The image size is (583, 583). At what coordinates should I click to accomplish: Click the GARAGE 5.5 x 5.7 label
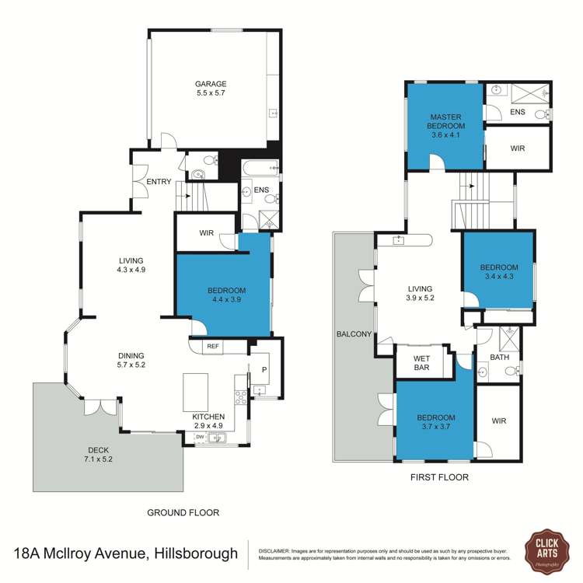click(211, 88)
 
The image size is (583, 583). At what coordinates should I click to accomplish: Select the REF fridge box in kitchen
click(211, 347)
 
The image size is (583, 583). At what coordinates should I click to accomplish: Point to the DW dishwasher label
click(200, 438)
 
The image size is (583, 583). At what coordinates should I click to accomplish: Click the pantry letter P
click(264, 370)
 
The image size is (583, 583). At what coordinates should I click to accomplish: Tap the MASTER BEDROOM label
click(447, 124)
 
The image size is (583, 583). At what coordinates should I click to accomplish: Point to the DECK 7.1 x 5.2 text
click(99, 454)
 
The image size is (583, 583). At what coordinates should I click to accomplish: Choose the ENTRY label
click(159, 182)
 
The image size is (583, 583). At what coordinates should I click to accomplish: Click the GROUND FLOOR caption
click(183, 512)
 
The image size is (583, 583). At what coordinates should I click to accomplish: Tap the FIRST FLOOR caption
click(439, 477)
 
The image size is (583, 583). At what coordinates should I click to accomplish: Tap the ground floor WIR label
click(205, 232)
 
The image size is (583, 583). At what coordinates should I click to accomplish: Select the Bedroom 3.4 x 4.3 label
click(498, 271)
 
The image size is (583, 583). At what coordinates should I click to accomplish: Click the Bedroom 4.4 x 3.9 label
click(226, 295)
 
